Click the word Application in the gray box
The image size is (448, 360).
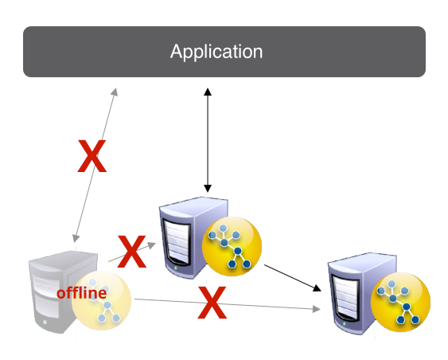click(216, 52)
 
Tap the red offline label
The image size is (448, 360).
click(82, 293)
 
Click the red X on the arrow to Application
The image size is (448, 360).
click(92, 156)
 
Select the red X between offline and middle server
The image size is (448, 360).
click(132, 252)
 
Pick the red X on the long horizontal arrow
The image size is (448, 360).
click(212, 303)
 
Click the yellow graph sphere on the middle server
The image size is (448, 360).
click(232, 246)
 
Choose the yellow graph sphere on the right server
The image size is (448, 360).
click(400, 302)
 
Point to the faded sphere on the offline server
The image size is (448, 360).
click(101, 300)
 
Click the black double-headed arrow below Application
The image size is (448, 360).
click(208, 140)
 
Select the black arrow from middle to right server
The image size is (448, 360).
click(293, 278)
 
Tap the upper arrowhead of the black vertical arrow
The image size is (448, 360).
click(208, 92)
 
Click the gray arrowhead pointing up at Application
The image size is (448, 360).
click(115, 92)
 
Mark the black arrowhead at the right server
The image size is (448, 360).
click(317, 288)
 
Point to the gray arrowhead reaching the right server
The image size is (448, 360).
click(317, 309)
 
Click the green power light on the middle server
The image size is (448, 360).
click(175, 268)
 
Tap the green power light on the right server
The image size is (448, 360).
click(345, 324)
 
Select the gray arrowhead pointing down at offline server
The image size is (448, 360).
click(76, 238)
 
